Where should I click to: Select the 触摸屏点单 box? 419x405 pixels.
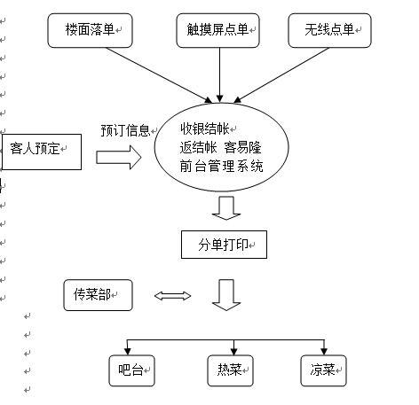click(x=217, y=31)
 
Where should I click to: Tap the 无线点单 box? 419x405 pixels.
click(x=329, y=31)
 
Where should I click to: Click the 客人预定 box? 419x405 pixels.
click(x=41, y=151)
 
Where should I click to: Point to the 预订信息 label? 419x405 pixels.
click(x=125, y=129)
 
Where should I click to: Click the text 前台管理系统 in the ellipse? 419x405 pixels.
click(x=221, y=166)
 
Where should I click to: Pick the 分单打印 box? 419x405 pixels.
click(x=223, y=244)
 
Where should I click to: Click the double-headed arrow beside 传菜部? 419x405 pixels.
click(x=172, y=296)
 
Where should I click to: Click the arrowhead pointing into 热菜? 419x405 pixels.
click(x=233, y=349)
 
